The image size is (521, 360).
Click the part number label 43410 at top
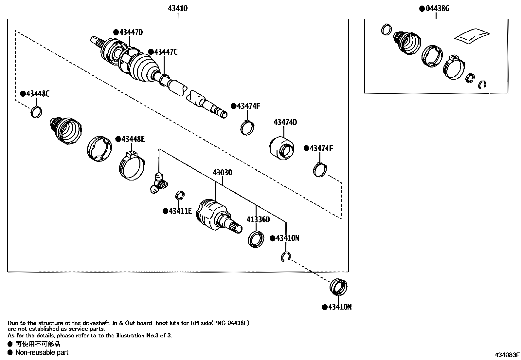pos(178,8)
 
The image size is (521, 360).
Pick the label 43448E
pos(133,139)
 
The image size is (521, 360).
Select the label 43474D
pos(285,122)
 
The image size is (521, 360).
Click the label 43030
pos(222,172)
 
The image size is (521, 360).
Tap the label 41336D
pos(258,219)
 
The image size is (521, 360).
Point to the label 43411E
pos(180,211)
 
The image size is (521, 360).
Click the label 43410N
pos(287,238)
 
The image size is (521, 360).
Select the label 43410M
pos(339,307)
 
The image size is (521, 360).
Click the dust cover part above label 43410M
pos(338,287)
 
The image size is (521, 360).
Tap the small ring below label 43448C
pos(36,112)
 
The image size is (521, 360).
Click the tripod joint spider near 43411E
pos(159,183)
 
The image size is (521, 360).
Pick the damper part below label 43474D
pos(282,148)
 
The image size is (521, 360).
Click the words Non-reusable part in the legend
pos(42,352)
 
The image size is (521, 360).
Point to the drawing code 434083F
pos(507,354)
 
